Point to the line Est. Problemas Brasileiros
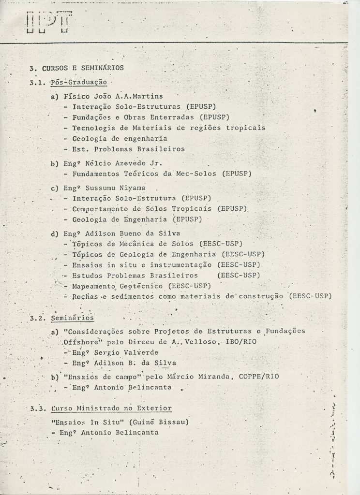129,149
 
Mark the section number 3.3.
37,408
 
